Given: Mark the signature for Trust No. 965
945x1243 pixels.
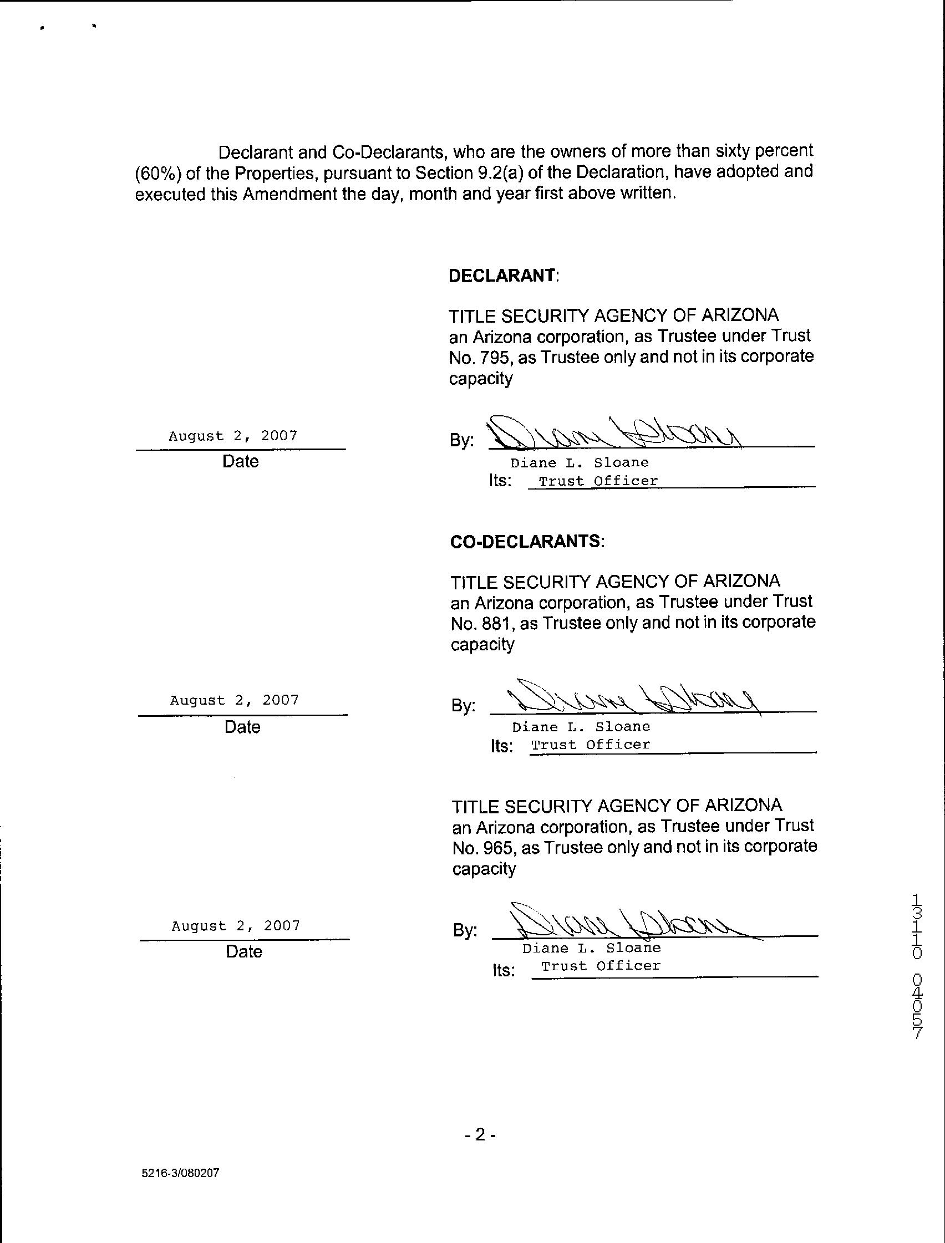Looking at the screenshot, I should click(624, 924).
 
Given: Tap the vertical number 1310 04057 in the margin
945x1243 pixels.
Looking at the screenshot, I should click(917, 966).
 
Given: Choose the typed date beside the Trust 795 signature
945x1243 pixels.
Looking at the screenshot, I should click(233, 436).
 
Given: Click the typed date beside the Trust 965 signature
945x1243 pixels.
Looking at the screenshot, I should click(236, 926).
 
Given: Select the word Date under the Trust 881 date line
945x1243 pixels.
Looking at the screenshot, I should click(242, 727).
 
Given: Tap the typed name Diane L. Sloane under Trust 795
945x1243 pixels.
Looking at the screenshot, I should click(580, 463).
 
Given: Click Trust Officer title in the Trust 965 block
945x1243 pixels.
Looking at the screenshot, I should click(601, 966).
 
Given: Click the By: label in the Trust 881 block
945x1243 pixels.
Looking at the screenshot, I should click(463, 706).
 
